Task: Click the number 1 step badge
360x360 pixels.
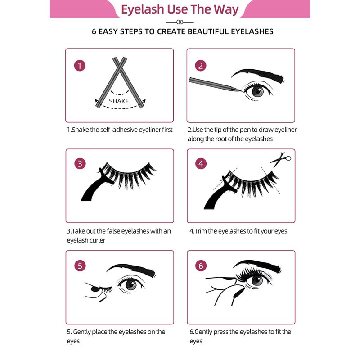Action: pos(80,66)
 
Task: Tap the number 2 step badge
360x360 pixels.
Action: pos(201,66)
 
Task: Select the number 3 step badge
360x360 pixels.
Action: pos(80,164)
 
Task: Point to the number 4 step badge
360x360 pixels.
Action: pos(201,164)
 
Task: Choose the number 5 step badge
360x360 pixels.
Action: pos(80,265)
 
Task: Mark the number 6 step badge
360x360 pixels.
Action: pos(201,265)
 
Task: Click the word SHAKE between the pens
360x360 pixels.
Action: pos(119,101)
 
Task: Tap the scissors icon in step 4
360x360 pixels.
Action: pos(280,159)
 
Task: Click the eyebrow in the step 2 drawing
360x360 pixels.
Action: pos(258,75)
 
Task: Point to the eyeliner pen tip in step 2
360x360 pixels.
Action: pos(241,91)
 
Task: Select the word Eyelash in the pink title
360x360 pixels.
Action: pos(142,10)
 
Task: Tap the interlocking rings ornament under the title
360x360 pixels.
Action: pos(180,22)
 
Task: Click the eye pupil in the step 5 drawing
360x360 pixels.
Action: pos(131,284)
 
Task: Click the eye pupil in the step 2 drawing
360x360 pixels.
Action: pos(257,91)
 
